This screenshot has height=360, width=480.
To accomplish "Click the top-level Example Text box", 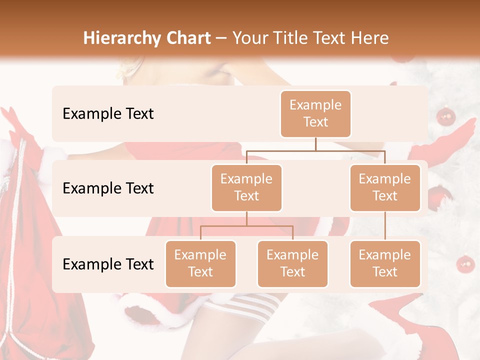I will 315,113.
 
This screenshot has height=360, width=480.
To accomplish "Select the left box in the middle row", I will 246,187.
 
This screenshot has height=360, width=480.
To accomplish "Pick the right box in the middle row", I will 384,187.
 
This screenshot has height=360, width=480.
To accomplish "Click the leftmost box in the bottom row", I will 200,263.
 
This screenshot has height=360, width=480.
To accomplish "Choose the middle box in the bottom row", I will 292,263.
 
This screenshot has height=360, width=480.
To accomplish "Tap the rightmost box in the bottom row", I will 384,263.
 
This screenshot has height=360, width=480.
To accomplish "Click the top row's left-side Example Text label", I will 108,113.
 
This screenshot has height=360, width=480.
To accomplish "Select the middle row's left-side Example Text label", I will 108,188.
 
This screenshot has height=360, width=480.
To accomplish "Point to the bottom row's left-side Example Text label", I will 108,264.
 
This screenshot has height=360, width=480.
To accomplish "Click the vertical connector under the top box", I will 315,144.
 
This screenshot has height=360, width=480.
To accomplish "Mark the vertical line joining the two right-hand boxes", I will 384,226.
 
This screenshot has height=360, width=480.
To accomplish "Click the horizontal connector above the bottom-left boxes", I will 246,226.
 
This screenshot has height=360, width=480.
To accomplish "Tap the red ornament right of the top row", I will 445,116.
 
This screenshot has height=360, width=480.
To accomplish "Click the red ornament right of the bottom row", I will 465,263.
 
